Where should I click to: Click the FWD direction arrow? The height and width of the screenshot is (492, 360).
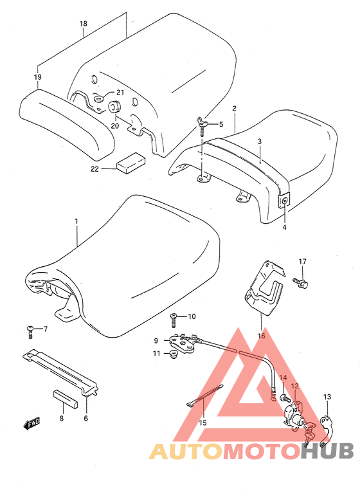pyautogui.click(x=32, y=424)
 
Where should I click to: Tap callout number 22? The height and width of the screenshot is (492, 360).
pyautogui.click(x=94, y=169)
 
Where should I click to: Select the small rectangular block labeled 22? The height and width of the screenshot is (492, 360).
pyautogui.click(x=130, y=163)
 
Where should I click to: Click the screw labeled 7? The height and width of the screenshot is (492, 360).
pyautogui.click(x=30, y=332)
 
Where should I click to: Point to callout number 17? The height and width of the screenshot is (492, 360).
pyautogui.click(x=302, y=261)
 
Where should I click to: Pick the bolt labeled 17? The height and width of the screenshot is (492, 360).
pyautogui.click(x=300, y=282)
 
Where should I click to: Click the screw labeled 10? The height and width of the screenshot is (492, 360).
pyautogui.click(x=174, y=320)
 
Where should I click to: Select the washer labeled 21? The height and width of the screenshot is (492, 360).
pyautogui.click(x=98, y=100)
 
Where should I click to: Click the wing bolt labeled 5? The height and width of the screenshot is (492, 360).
pyautogui.click(x=202, y=126)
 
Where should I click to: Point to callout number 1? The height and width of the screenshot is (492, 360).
pyautogui.click(x=76, y=221)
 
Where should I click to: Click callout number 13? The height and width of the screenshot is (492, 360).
pyautogui.click(x=327, y=397)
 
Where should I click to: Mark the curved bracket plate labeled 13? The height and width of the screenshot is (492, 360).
pyautogui.click(x=326, y=432)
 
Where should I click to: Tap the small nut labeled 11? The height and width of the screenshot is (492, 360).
pyautogui.click(x=174, y=355)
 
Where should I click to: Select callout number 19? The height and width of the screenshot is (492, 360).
pyautogui.click(x=38, y=77)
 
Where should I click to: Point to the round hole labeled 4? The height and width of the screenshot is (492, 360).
pyautogui.click(x=284, y=202)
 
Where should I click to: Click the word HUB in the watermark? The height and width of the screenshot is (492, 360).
pyautogui.click(x=327, y=451)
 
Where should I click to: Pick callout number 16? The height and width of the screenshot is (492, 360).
pyautogui.click(x=261, y=336)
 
